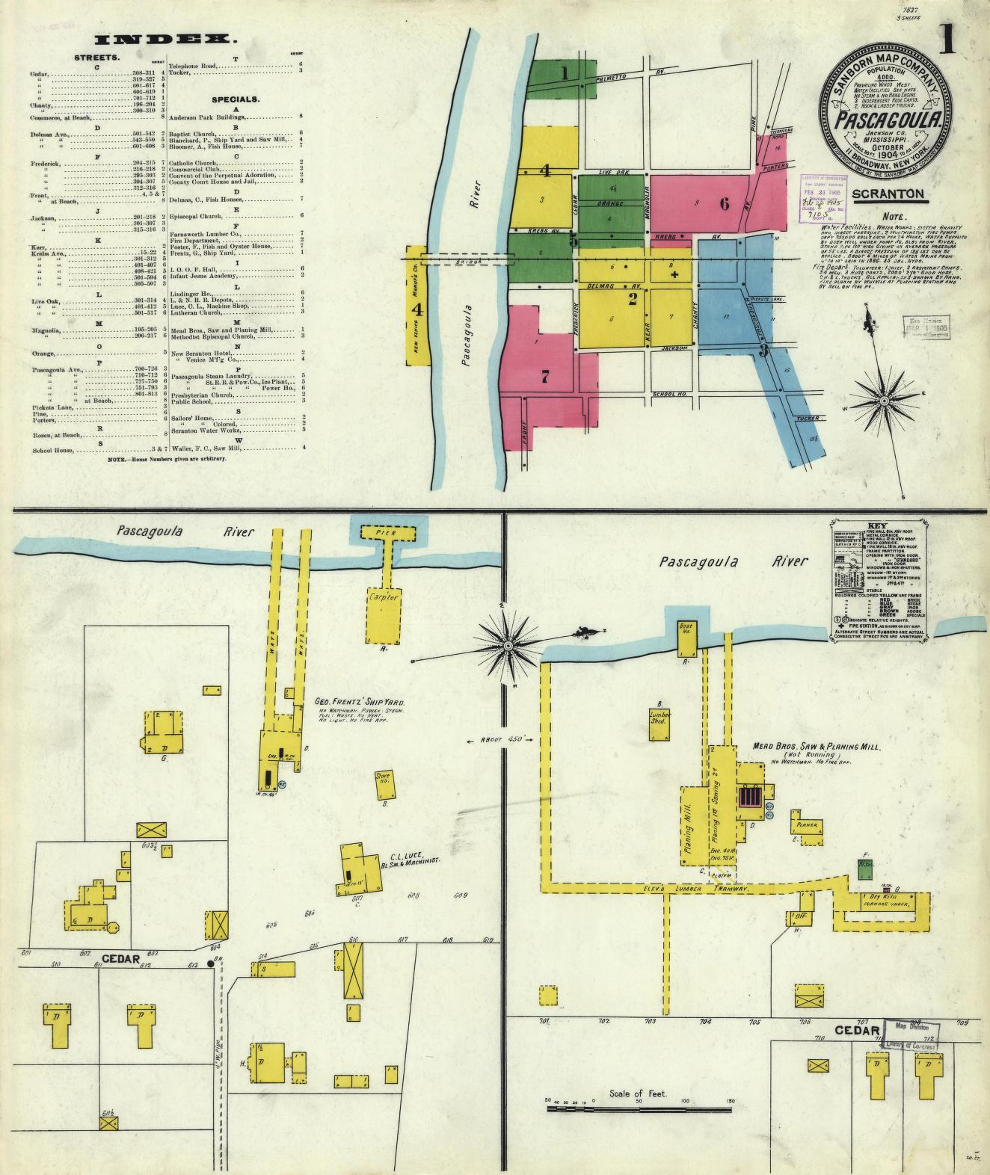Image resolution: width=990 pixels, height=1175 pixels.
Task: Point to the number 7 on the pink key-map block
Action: coord(546,377)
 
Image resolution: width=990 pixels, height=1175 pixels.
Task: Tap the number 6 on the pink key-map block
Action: coord(724,203)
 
